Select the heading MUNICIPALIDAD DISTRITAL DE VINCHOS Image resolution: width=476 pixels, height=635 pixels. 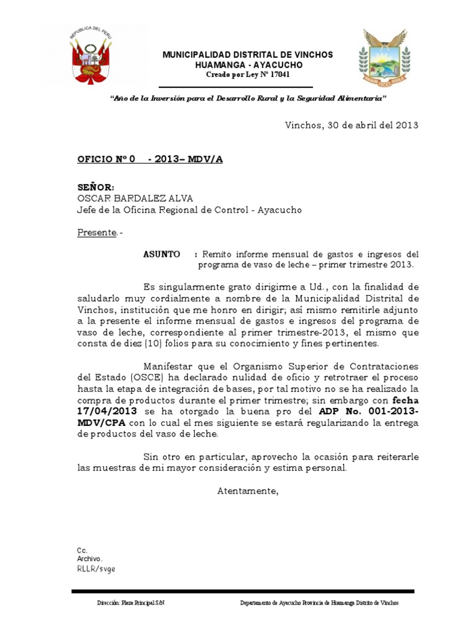(x=247, y=55)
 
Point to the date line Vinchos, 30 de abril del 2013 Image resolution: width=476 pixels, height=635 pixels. (x=351, y=125)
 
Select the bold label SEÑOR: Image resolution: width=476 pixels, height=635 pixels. (x=95, y=187)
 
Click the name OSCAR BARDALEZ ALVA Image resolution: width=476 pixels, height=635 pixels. (x=135, y=198)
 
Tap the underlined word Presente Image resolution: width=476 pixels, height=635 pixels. (x=97, y=233)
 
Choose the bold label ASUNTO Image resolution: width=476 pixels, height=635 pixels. (x=162, y=254)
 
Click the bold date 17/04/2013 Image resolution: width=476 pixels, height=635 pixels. (x=107, y=411)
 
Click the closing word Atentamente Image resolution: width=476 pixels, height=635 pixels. (x=247, y=491)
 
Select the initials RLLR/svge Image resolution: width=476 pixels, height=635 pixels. (x=96, y=568)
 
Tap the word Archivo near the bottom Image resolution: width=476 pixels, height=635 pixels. (x=89, y=559)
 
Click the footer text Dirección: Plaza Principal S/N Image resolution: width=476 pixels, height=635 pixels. (x=131, y=603)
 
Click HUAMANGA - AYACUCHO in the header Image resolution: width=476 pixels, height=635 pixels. (x=247, y=65)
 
